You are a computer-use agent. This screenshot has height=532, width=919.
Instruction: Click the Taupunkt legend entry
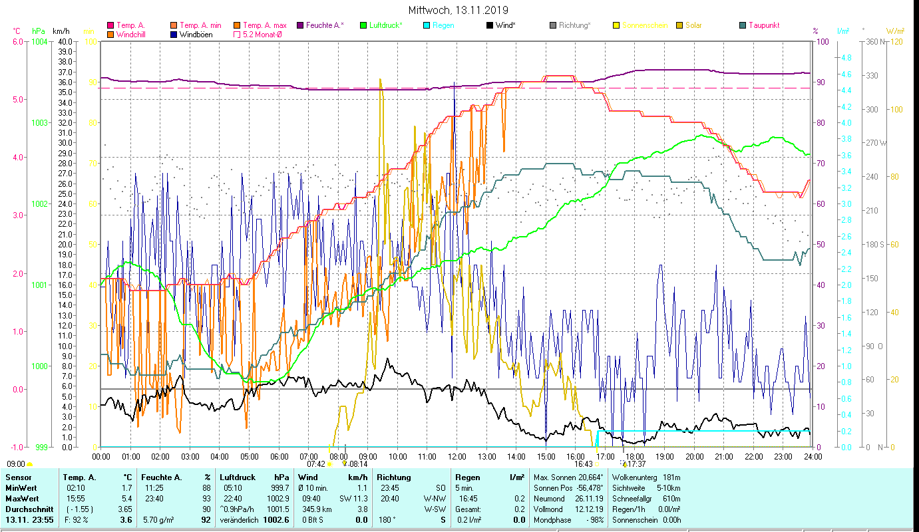click(763, 25)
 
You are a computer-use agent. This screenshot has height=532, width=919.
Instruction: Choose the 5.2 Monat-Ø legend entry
click(262, 34)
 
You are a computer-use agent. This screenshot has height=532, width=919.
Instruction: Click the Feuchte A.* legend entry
click(324, 25)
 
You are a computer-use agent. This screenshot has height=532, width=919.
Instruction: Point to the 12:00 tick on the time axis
click(457, 457)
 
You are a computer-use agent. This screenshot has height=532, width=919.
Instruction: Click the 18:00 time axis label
click(635, 457)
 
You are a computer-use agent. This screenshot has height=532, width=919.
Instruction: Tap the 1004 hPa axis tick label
click(39, 41)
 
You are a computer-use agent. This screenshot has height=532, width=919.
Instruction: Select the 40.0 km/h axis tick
click(65, 41)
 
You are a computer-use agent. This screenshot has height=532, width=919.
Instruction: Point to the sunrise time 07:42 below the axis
click(316, 464)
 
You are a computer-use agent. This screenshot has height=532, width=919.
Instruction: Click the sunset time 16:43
click(583, 464)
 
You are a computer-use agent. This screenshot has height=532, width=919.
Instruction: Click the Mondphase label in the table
click(552, 520)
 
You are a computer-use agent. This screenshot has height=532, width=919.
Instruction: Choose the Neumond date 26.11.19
click(589, 499)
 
